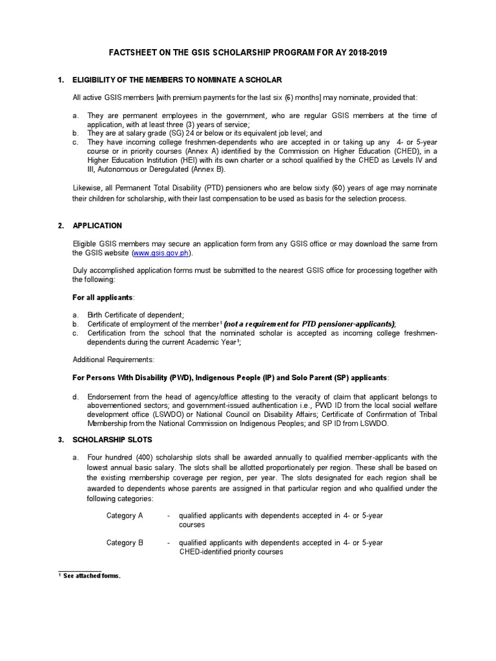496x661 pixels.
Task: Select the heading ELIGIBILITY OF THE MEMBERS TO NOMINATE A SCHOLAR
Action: point(177,80)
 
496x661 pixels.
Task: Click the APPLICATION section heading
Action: point(97,226)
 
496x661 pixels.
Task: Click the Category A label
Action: point(125,516)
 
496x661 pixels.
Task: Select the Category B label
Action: point(125,543)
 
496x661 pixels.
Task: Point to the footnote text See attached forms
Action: point(92,576)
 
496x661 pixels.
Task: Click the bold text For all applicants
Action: point(103,297)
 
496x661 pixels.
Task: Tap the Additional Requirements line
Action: point(113,359)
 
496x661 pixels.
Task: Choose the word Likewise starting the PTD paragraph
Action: point(87,188)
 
